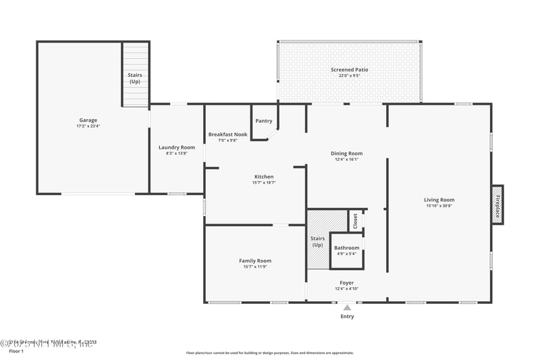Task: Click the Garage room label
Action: coord(88,120)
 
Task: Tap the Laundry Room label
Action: coord(176,147)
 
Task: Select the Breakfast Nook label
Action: coord(227,134)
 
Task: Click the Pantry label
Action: coord(263,121)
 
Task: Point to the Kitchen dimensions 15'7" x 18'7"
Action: coord(263,182)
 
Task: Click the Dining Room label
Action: coord(346,153)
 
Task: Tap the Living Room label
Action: coord(439,199)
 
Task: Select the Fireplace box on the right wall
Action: coord(497,205)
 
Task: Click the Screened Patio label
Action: coord(349,70)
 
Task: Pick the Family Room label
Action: coord(254,261)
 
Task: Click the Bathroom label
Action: coord(346,248)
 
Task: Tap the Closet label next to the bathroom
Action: coord(355,221)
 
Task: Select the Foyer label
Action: coord(346,283)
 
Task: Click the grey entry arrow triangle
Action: coord(347,307)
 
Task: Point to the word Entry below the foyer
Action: coord(347,316)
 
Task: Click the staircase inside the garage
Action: coord(135,74)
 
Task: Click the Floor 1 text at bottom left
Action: coord(16,351)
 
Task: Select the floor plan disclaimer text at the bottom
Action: coord(269,353)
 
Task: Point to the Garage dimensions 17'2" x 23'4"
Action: coord(88,126)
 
